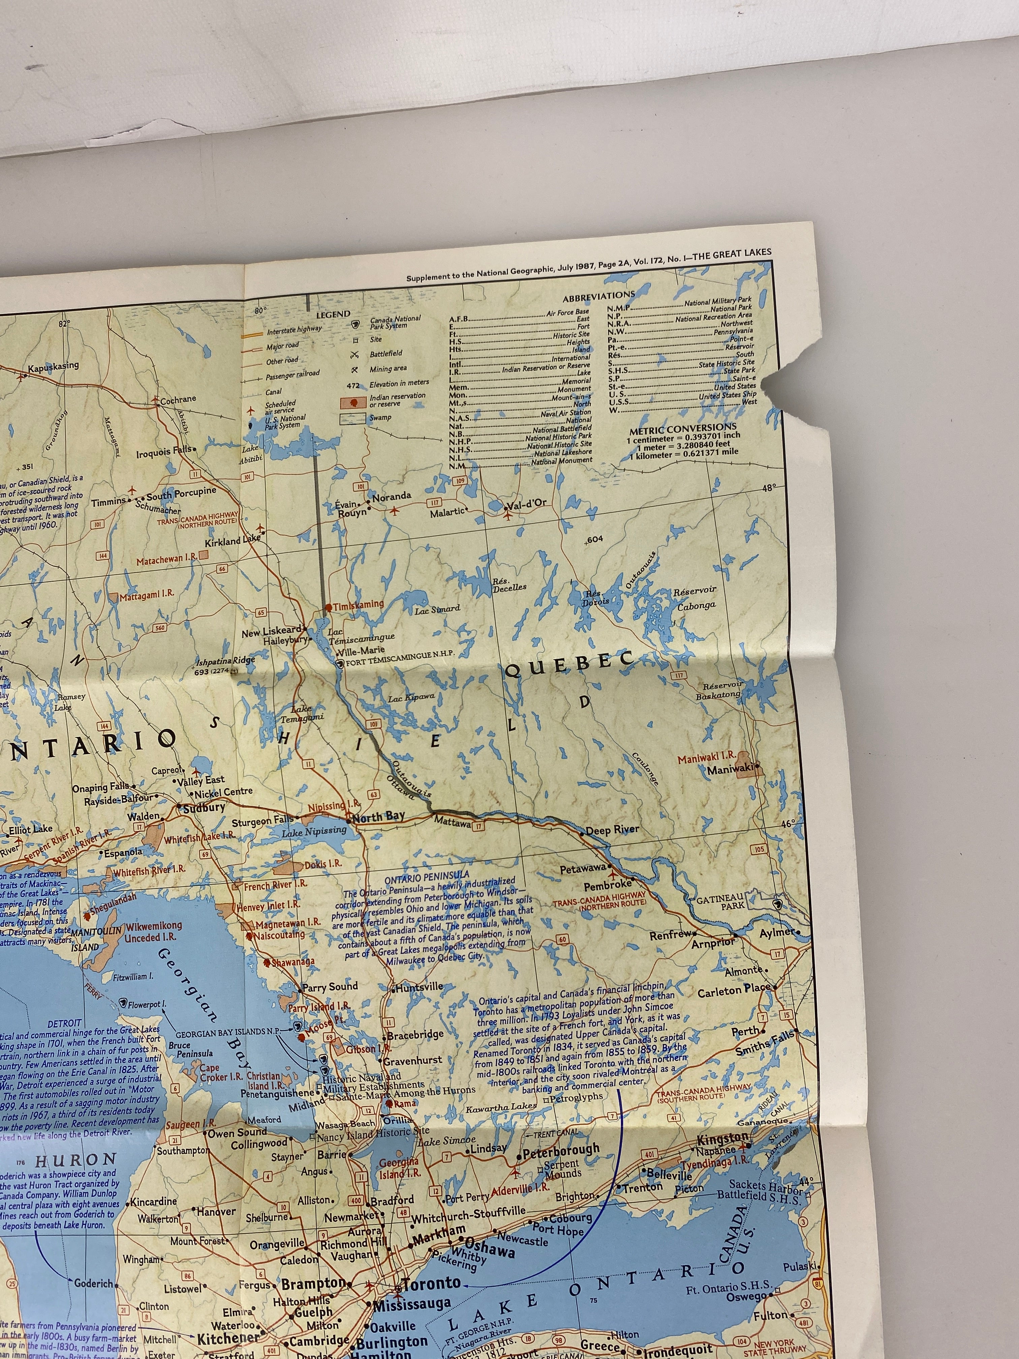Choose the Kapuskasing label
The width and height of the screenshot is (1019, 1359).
click(54, 366)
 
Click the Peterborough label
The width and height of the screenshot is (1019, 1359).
click(561, 1149)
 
